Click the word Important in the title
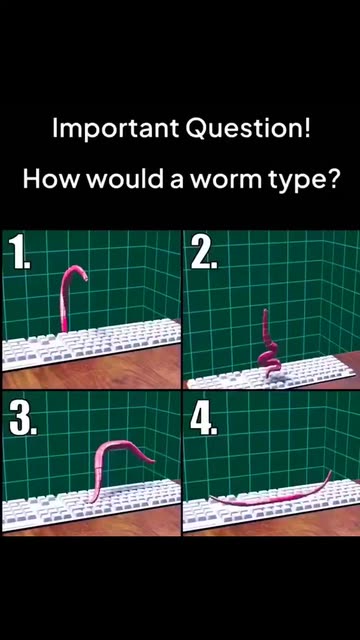[116, 130]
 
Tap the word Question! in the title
[248, 130]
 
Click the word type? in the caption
[304, 181]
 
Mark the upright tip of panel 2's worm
[266, 312]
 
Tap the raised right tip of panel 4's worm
[330, 473]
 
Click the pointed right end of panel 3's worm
[152, 462]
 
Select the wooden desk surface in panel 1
[92, 372]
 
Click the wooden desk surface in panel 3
[92, 524]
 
